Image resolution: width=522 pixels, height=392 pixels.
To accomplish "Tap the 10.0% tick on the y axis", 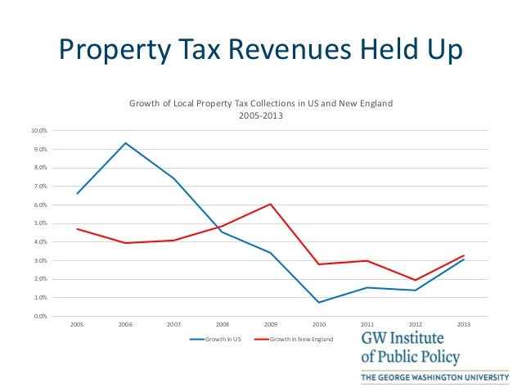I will [39, 131].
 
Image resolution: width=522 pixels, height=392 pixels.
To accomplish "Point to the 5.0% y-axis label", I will [39, 223].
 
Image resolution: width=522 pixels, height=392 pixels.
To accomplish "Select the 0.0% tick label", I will [39, 316].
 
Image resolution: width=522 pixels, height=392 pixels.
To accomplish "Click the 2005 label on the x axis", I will [77, 324].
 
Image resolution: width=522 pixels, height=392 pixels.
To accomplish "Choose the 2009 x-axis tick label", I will [271, 324].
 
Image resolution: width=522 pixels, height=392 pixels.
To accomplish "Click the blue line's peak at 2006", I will [125, 143].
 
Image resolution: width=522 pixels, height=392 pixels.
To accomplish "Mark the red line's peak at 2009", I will [271, 204].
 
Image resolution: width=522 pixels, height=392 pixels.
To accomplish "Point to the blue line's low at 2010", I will [319, 303].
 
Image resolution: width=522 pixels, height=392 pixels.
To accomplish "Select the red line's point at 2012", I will [416, 280].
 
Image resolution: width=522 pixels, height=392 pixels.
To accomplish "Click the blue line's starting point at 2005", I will [77, 194].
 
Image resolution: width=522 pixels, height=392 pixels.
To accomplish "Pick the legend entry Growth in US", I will [217, 338].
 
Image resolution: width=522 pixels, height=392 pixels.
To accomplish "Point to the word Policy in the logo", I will [439, 358].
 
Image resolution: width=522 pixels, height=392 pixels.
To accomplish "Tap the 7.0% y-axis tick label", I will [39, 187].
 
